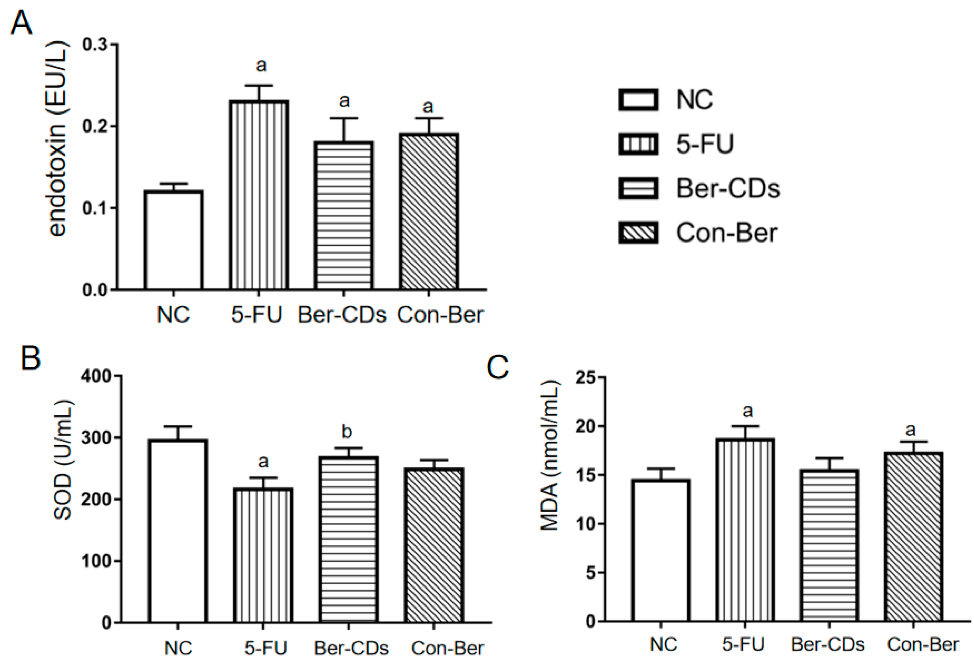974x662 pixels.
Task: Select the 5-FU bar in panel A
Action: (x=259, y=195)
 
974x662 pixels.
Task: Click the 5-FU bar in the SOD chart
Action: (x=263, y=555)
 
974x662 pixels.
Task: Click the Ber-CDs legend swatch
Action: (x=638, y=188)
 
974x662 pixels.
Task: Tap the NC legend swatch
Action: (x=638, y=100)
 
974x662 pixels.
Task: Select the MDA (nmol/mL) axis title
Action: (x=550, y=455)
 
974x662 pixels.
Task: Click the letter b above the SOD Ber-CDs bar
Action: (x=347, y=432)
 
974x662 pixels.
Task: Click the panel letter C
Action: (x=498, y=367)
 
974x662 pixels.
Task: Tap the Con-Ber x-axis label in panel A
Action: (x=440, y=315)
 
